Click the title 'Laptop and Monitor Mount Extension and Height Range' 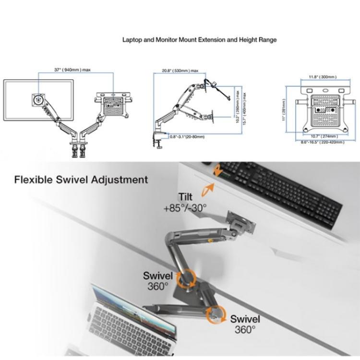199,40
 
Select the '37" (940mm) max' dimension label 72,70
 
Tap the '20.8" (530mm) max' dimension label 180,71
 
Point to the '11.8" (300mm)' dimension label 322,77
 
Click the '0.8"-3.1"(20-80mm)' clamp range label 187,137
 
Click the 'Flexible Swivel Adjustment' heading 81,180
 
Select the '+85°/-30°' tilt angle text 185,207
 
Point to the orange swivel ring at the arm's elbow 185,279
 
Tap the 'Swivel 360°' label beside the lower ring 245,324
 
